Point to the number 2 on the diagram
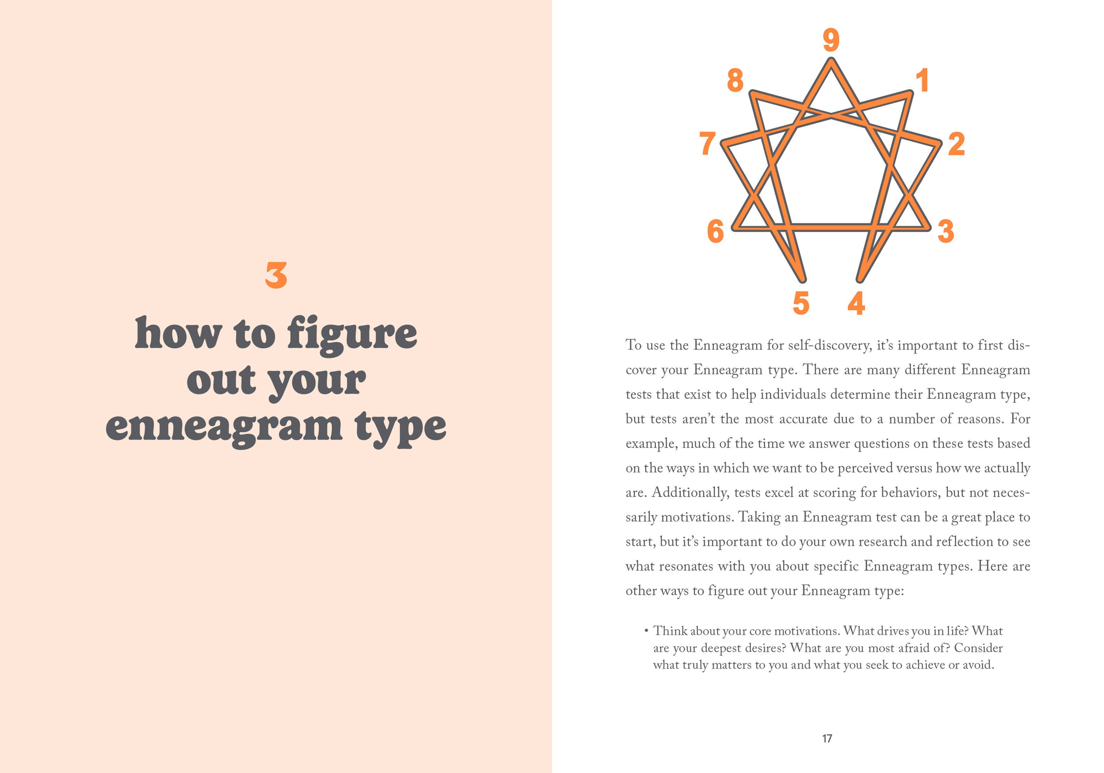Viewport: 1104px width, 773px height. tap(956, 144)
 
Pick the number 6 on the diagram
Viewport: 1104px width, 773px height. tap(716, 231)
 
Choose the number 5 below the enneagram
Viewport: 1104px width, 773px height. tap(801, 303)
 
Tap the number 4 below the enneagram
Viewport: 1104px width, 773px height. tap(856, 303)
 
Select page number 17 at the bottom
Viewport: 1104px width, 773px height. tap(827, 738)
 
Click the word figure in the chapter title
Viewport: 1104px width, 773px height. tap(352, 335)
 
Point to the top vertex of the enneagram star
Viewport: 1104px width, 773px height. tap(831, 60)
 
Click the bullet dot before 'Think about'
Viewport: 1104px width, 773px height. tap(646, 631)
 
